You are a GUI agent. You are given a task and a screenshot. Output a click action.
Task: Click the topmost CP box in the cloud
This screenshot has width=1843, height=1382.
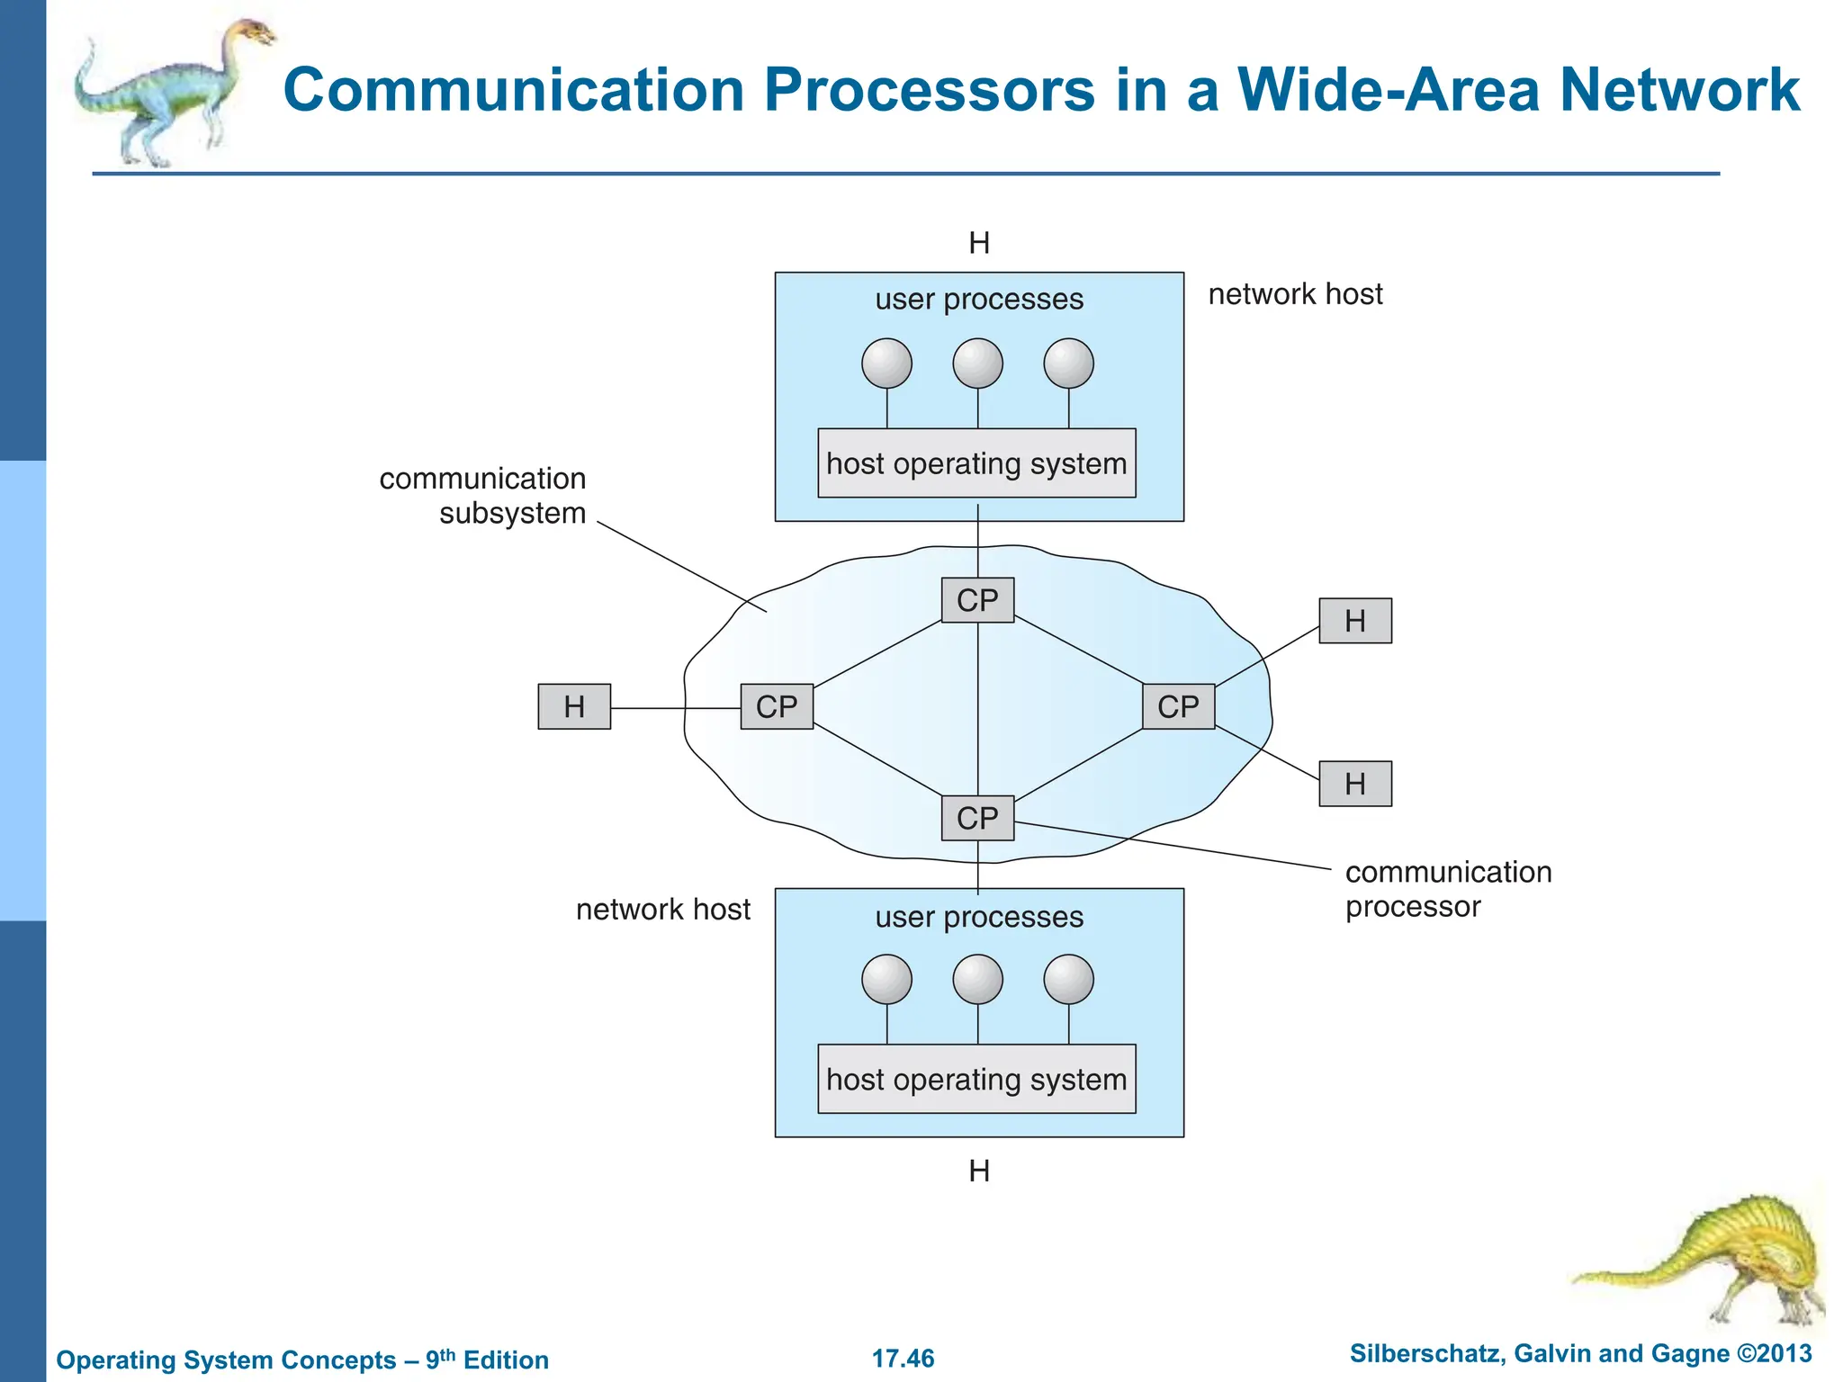click(x=977, y=600)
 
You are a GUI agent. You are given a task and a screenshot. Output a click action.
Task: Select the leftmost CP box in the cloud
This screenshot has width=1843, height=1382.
click(x=777, y=706)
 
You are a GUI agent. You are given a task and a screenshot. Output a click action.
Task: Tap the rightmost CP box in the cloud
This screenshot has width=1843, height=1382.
click(x=1178, y=706)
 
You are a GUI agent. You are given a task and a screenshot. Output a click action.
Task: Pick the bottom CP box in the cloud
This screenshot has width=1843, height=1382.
click(x=977, y=818)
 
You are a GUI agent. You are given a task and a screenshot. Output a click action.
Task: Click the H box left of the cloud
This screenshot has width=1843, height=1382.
click(x=574, y=706)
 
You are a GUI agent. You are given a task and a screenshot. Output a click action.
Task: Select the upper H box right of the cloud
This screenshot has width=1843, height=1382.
click(x=1355, y=621)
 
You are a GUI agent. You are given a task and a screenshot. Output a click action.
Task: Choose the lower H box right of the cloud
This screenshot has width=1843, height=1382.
click(x=1355, y=784)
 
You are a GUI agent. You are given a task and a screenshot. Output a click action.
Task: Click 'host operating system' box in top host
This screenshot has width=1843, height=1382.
click(x=976, y=463)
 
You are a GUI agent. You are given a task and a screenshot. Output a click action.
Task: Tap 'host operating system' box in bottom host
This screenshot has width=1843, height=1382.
click(x=976, y=1079)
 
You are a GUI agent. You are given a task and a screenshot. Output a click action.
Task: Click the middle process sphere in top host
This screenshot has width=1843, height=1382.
click(x=977, y=363)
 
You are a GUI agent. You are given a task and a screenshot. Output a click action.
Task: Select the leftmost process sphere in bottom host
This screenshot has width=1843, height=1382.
click(x=886, y=979)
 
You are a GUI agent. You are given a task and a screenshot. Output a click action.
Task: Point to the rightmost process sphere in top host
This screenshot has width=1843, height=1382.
click(x=1068, y=363)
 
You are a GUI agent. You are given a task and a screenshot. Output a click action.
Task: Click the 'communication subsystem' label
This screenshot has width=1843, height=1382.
click(x=483, y=496)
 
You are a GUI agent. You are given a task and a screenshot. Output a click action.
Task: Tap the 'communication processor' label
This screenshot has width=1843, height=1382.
click(x=1447, y=889)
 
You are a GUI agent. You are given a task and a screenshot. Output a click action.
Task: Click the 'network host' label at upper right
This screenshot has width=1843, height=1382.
click(x=1295, y=294)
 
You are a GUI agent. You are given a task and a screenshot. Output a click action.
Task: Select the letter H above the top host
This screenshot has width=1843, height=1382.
click(x=979, y=243)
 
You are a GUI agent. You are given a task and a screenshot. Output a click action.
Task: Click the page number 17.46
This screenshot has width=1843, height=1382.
click(x=903, y=1358)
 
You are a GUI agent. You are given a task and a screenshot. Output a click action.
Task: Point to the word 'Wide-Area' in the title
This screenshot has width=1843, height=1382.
click(x=1389, y=90)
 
